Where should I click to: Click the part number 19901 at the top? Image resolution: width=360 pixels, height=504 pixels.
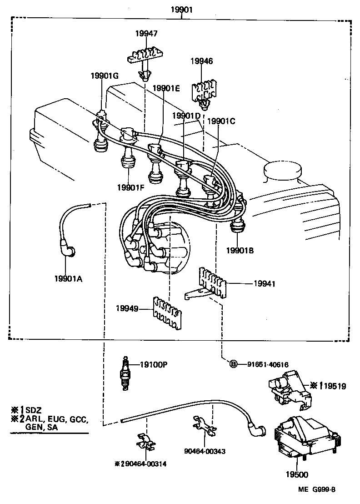[x=182, y=9]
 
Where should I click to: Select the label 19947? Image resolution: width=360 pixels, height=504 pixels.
[x=146, y=33]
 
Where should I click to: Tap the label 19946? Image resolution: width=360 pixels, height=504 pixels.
[x=201, y=60]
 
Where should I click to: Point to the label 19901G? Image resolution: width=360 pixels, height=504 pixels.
[x=104, y=76]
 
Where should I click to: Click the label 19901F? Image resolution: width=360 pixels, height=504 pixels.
[x=130, y=187]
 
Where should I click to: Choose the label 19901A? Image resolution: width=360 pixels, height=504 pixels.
[x=68, y=279]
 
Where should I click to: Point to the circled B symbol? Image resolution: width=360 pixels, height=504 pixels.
[x=233, y=364]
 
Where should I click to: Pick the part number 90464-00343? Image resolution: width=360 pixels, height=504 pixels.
[x=205, y=451]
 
